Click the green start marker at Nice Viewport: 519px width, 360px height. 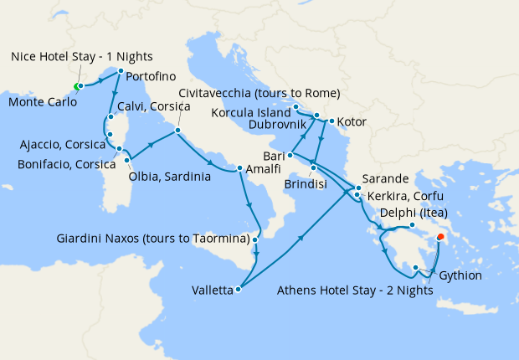[76, 86]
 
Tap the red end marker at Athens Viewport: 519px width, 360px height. [441, 235]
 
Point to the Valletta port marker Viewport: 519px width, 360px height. [239, 291]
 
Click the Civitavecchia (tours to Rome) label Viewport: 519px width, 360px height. [259, 93]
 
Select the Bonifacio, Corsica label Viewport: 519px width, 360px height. [66, 164]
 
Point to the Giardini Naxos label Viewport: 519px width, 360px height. [153, 239]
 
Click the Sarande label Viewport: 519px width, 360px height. [386, 179]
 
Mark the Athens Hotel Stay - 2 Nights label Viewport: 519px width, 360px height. [354, 291]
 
